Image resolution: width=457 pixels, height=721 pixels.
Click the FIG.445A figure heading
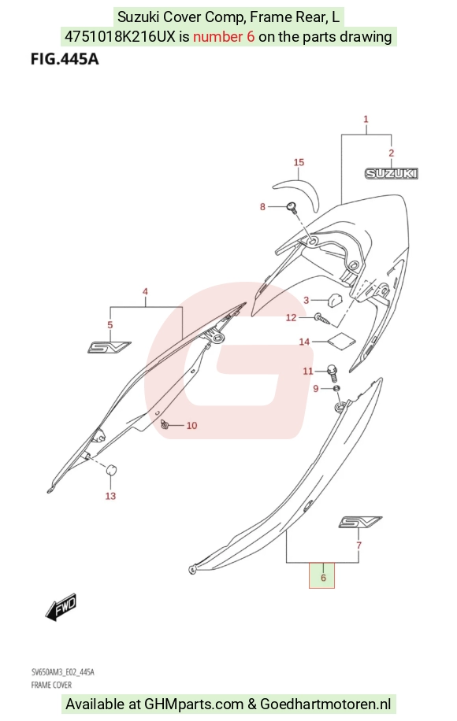click(x=65, y=59)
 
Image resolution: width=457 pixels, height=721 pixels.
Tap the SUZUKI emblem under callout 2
click(x=391, y=173)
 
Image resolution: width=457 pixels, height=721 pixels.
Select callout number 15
click(x=299, y=162)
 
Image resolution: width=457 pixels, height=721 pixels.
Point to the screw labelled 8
click(x=291, y=207)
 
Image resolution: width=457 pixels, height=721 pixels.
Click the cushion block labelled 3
click(x=334, y=299)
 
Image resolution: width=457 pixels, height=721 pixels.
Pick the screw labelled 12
click(x=322, y=319)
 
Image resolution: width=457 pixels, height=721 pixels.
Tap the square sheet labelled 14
click(x=341, y=339)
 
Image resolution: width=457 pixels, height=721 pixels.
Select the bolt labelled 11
click(x=332, y=372)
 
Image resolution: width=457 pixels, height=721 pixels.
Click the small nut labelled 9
click(x=337, y=389)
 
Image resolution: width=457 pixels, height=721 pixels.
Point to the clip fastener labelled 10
click(x=165, y=424)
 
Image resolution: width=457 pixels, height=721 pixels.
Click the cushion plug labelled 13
click(x=111, y=471)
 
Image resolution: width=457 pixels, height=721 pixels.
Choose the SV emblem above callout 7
click(x=360, y=522)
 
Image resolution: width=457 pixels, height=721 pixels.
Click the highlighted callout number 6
click(x=323, y=578)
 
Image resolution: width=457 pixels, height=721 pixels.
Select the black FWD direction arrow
click(x=61, y=607)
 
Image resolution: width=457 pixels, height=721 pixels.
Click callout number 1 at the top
click(x=366, y=119)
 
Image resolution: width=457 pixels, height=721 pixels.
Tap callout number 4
click(x=145, y=291)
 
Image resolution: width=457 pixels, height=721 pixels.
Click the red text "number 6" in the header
click(x=224, y=36)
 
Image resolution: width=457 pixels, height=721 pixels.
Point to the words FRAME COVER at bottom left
click(x=51, y=685)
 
